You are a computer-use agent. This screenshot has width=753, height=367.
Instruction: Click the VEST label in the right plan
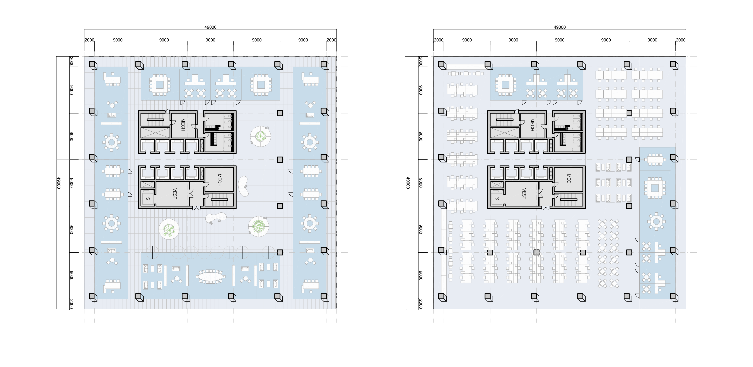point(524,194)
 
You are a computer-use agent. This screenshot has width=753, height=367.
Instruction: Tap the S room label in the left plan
point(148,198)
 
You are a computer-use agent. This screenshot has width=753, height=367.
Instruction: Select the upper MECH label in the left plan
point(183,125)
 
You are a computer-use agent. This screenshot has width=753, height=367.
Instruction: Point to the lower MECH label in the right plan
point(569,180)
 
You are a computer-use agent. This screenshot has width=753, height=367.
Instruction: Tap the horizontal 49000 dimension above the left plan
point(210,27)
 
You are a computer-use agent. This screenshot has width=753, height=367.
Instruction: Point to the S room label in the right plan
point(497,198)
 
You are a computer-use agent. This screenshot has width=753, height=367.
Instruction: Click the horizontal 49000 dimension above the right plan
point(560,27)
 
